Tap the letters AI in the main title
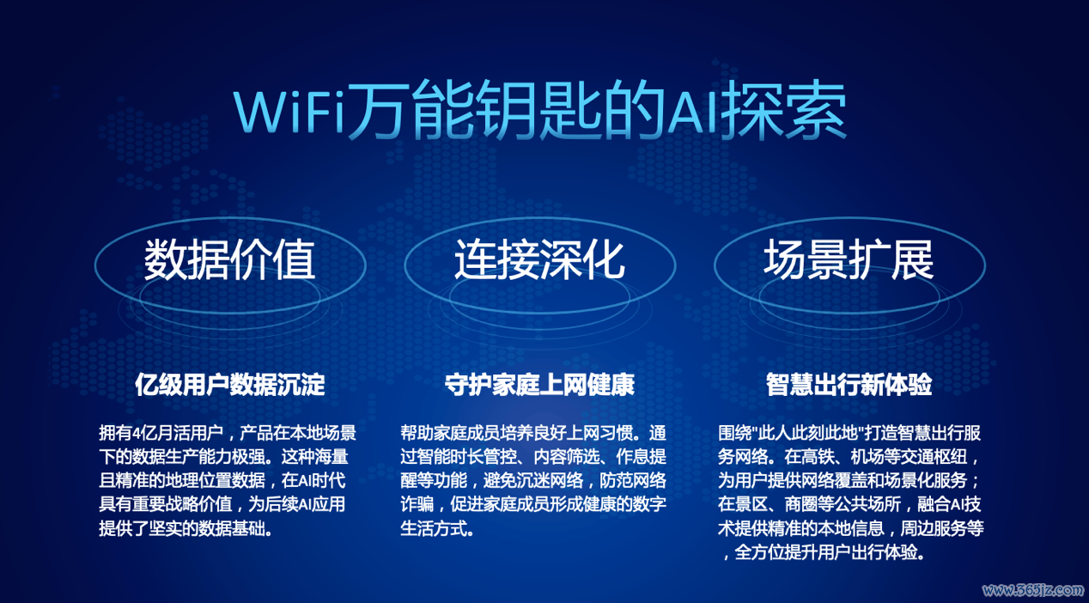coord(692,112)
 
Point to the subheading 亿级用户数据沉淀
coord(230,385)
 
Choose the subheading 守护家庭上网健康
coord(539,385)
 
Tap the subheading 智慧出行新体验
coord(849,385)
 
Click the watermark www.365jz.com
coord(1032,590)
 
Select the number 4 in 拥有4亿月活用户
coord(136,433)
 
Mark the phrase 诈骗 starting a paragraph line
coord(417,504)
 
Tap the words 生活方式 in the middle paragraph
coord(434,528)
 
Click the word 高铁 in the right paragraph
coord(818,457)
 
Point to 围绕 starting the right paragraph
coord(734,433)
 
